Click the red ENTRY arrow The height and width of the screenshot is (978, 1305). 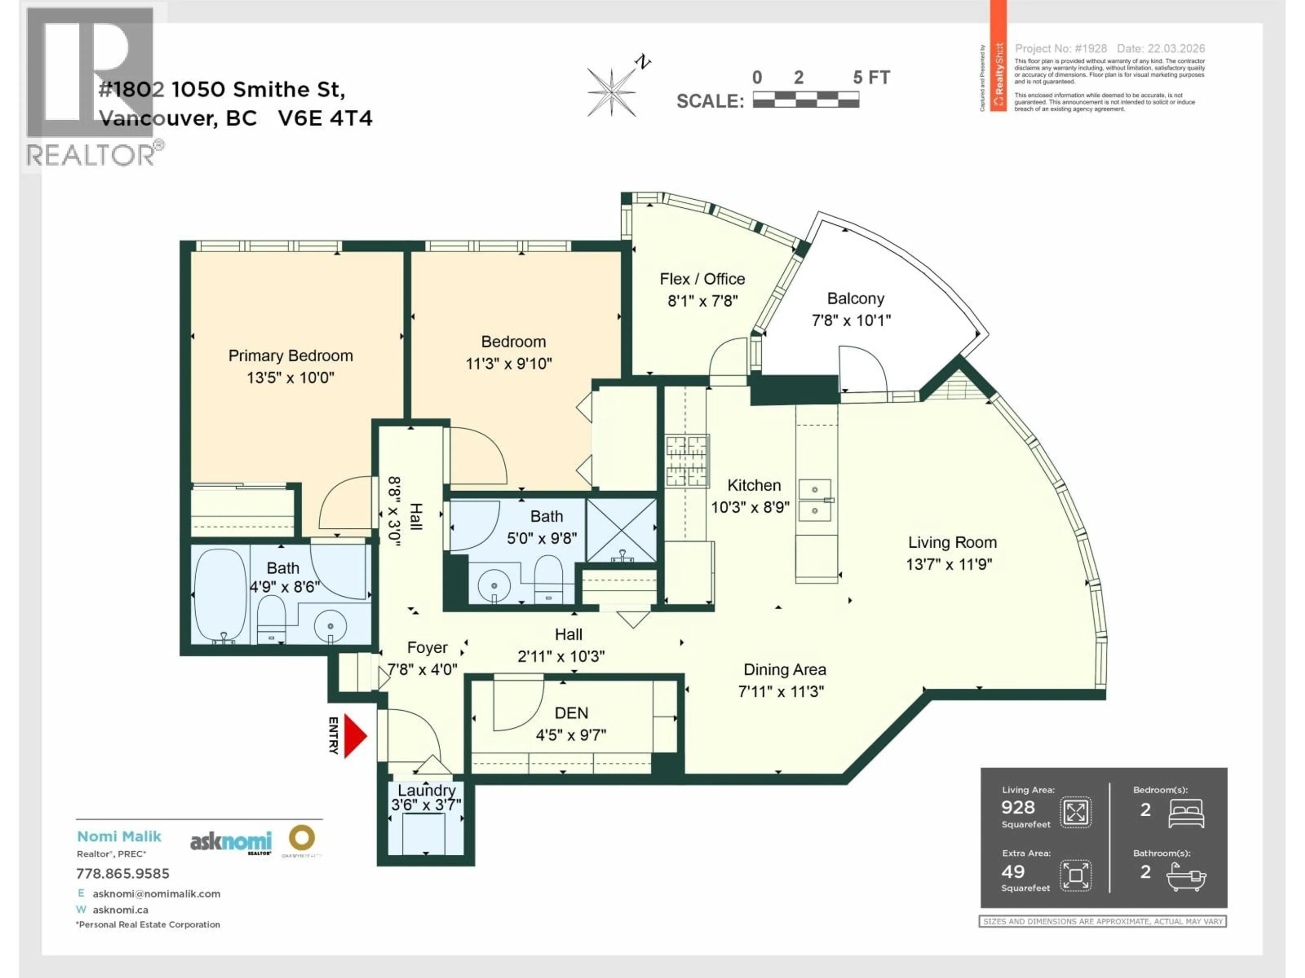(x=354, y=736)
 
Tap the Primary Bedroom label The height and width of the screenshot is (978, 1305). (x=290, y=356)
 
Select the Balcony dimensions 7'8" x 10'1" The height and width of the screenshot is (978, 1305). (x=851, y=321)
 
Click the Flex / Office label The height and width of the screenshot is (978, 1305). (x=702, y=279)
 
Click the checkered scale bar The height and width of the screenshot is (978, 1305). (x=805, y=99)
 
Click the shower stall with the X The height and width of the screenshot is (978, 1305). (x=621, y=530)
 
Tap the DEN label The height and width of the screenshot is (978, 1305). (x=571, y=713)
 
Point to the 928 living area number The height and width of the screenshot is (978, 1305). (x=1018, y=807)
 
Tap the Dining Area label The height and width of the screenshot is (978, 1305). (x=784, y=670)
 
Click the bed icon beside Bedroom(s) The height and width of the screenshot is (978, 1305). (x=1186, y=814)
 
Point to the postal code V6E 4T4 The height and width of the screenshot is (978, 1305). (x=325, y=119)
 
